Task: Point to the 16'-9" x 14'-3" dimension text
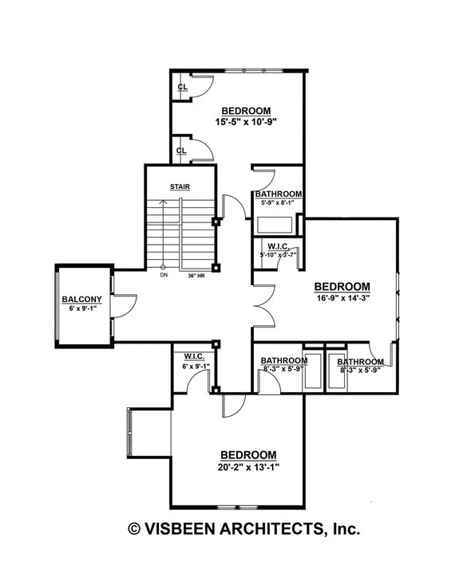click(342, 299)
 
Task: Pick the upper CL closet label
click(182, 87)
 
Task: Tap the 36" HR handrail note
click(196, 276)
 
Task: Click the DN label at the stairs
click(163, 276)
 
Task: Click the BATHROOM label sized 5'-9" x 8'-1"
click(278, 194)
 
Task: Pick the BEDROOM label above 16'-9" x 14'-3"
click(342, 286)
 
